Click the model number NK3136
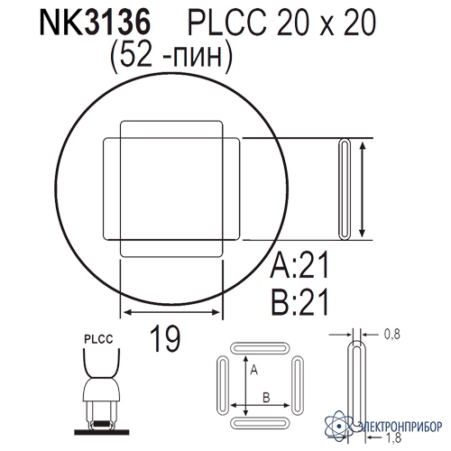95,23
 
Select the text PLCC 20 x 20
281,23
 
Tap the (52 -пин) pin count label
171,57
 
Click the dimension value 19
165,338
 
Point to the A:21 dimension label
299,265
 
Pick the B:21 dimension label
299,301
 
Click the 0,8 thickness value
392,334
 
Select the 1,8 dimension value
393,437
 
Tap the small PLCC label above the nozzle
98,339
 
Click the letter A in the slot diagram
254,370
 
